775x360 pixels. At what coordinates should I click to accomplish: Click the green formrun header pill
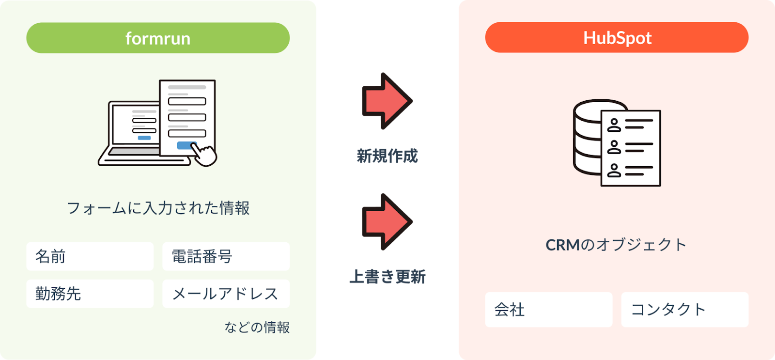point(158,38)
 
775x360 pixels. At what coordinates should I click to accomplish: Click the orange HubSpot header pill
point(617,37)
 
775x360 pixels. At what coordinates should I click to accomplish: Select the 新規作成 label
point(387,156)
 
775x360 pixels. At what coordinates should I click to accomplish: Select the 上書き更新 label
point(387,277)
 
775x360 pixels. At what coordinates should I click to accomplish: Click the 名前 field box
point(90,256)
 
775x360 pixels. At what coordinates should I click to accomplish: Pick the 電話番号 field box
point(226,256)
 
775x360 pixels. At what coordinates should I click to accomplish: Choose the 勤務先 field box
point(90,294)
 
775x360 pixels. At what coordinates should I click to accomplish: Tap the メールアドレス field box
point(226,294)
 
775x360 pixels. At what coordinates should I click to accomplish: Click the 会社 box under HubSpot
point(549,310)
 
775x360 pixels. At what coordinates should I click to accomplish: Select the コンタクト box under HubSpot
point(685,310)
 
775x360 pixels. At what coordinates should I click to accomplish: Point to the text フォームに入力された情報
point(158,208)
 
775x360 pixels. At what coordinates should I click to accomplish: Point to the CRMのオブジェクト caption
point(616,245)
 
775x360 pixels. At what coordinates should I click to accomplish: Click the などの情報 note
point(257,328)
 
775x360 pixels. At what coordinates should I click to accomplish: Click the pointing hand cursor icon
point(205,155)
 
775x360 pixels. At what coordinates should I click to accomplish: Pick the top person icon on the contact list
point(614,125)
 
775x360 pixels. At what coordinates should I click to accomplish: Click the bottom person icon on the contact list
point(614,171)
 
